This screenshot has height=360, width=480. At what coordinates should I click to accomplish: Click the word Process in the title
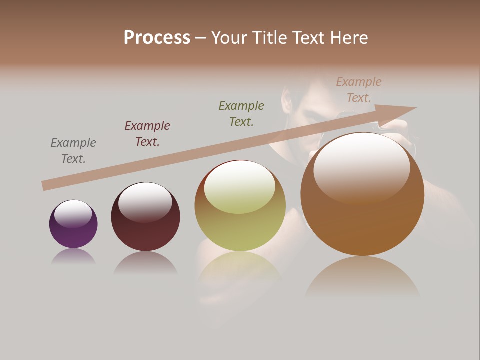[x=157, y=38]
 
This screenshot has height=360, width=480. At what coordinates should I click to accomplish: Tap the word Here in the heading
[x=348, y=38]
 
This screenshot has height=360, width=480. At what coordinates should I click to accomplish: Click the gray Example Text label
[x=73, y=151]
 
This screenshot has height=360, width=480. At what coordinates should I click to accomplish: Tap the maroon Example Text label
[x=147, y=134]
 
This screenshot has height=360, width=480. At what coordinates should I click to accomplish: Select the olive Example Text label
[x=241, y=114]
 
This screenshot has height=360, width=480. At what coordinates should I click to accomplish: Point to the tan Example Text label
[x=359, y=90]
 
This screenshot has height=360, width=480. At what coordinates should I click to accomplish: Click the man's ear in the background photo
[x=287, y=100]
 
